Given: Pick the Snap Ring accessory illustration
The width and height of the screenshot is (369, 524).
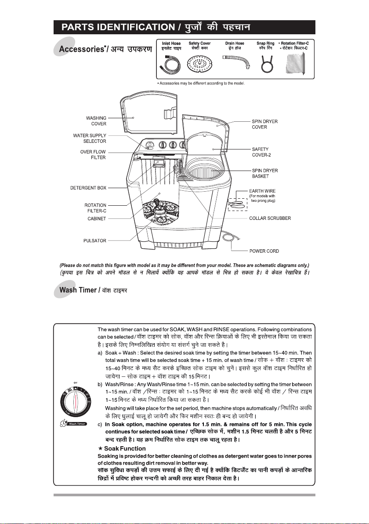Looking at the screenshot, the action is [x=265, y=64].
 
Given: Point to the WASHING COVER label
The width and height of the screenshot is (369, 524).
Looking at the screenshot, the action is [x=96, y=120].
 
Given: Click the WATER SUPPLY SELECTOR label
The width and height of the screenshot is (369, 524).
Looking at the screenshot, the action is [x=90, y=138].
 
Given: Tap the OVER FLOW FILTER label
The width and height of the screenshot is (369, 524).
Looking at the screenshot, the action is [x=93, y=154].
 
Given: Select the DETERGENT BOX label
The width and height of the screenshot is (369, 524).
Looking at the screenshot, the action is [x=88, y=188].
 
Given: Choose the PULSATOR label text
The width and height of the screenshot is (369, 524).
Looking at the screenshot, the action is [x=95, y=240].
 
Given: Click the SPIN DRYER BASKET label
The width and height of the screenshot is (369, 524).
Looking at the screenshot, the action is [x=265, y=174].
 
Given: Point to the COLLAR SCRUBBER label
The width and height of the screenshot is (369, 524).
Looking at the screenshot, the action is [x=270, y=218].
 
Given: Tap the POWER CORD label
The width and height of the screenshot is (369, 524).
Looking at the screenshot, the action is [x=264, y=251].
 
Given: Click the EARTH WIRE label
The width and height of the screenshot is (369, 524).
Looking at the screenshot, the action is [x=263, y=191].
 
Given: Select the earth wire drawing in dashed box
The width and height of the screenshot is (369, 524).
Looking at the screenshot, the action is [x=237, y=204].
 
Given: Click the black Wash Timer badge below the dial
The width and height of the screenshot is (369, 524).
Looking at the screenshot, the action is [x=77, y=424].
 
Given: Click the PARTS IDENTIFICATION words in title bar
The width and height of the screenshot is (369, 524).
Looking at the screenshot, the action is [x=118, y=27].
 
